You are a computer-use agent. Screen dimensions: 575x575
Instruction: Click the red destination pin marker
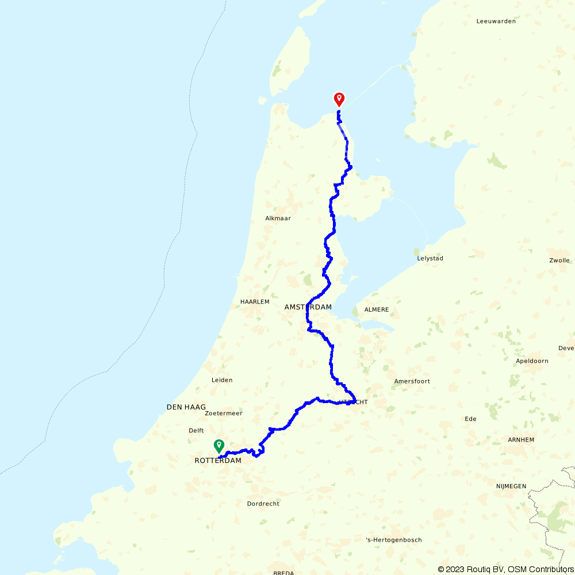(x=339, y=99)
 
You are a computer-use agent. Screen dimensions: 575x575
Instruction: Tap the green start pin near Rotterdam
(x=219, y=445)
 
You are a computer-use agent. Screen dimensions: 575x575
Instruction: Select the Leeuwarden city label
(x=496, y=21)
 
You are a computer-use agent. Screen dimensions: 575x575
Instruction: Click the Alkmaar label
(x=278, y=218)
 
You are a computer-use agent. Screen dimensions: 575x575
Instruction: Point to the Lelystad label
(x=430, y=259)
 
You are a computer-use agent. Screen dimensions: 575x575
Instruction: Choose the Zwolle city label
(x=559, y=260)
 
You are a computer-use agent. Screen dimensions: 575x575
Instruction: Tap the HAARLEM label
(x=255, y=301)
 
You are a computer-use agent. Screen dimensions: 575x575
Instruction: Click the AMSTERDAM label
(x=308, y=307)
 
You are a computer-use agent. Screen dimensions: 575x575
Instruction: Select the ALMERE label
(x=377, y=310)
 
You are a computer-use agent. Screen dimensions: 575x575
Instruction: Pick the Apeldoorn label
(x=532, y=361)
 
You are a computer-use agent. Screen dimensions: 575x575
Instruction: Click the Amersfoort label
(x=412, y=381)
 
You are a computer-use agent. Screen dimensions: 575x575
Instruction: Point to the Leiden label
(x=222, y=380)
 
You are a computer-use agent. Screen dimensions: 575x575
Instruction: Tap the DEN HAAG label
(x=186, y=407)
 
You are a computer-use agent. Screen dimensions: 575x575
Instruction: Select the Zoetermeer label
(x=224, y=413)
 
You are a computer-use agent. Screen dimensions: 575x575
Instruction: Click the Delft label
(x=196, y=431)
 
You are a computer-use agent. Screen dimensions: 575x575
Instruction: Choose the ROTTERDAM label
(x=218, y=461)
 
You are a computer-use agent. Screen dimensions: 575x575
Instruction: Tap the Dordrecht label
(x=263, y=504)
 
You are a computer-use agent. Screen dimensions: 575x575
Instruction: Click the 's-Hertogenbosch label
(x=394, y=540)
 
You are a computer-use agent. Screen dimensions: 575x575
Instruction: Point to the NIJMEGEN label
(x=511, y=486)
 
